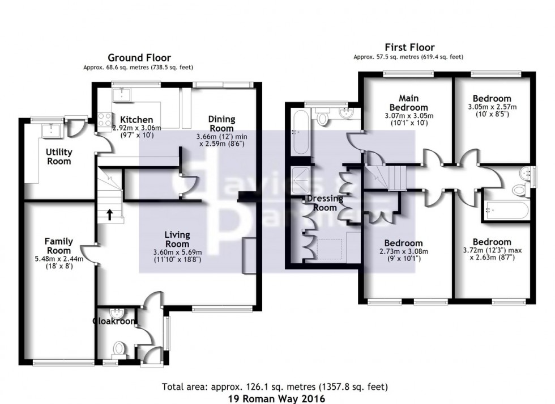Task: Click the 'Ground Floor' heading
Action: click(x=139, y=57)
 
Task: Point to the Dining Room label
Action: click(x=221, y=124)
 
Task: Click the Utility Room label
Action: click(x=59, y=157)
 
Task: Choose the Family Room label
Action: click(x=59, y=246)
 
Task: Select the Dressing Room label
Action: click(x=325, y=203)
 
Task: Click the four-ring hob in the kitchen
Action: click(x=105, y=120)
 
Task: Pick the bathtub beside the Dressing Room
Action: click(x=300, y=133)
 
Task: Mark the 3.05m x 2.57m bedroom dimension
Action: click(x=492, y=107)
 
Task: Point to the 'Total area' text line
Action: click(x=275, y=388)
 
